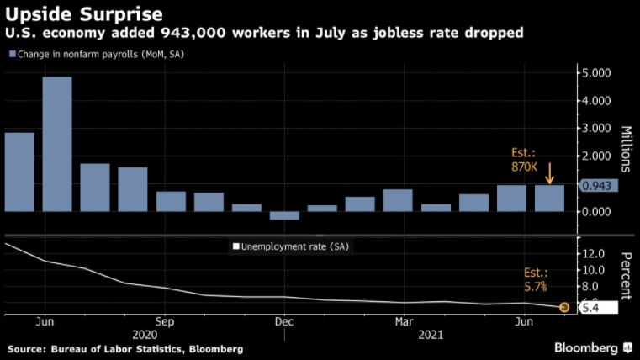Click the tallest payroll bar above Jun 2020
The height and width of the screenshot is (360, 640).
pyautogui.click(x=57, y=143)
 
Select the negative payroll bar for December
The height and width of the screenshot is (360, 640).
pyautogui.click(x=284, y=215)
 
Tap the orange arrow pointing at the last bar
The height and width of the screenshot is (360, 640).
pyautogui.click(x=549, y=174)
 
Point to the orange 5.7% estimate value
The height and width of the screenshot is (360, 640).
pyautogui.click(x=535, y=287)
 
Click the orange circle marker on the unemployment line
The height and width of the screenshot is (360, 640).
pyautogui.click(x=563, y=308)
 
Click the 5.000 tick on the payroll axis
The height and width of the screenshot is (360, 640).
pyautogui.click(x=598, y=73)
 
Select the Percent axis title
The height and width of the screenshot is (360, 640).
pyautogui.click(x=627, y=275)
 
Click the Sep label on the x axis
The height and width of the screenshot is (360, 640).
pyautogui.click(x=165, y=321)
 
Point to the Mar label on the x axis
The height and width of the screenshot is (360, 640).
pyautogui.click(x=404, y=321)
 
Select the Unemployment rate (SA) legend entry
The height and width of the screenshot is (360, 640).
pyautogui.click(x=289, y=247)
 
